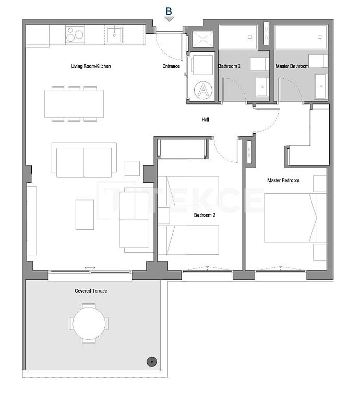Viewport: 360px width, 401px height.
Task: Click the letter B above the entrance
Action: pyautogui.click(x=169, y=11)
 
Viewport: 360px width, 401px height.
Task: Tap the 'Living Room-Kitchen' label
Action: pyautogui.click(x=91, y=66)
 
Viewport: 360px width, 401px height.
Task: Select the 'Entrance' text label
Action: pyautogui.click(x=171, y=66)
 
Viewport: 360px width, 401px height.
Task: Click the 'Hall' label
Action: pyautogui.click(x=206, y=120)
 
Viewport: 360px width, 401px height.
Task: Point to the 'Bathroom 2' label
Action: pyautogui.click(x=229, y=66)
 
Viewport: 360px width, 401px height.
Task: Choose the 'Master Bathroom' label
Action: pyautogui.click(x=292, y=66)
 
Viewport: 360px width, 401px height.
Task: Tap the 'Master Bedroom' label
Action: pyautogui.click(x=283, y=181)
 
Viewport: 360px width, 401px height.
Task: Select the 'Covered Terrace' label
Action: pyautogui.click(x=91, y=291)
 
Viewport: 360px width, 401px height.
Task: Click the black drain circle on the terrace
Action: pyautogui.click(x=151, y=361)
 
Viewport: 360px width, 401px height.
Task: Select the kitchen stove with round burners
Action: pyautogui.click(x=75, y=35)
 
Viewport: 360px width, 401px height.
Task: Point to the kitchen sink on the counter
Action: pyautogui.click(x=114, y=35)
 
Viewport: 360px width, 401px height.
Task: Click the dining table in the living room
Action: pyautogui.click(x=74, y=104)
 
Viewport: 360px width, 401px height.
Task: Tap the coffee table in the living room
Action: pyautogui.click(x=85, y=214)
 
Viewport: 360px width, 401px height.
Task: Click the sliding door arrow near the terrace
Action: pyautogui.click(x=90, y=268)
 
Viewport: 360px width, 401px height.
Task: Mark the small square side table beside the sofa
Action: pyautogui.click(x=132, y=168)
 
